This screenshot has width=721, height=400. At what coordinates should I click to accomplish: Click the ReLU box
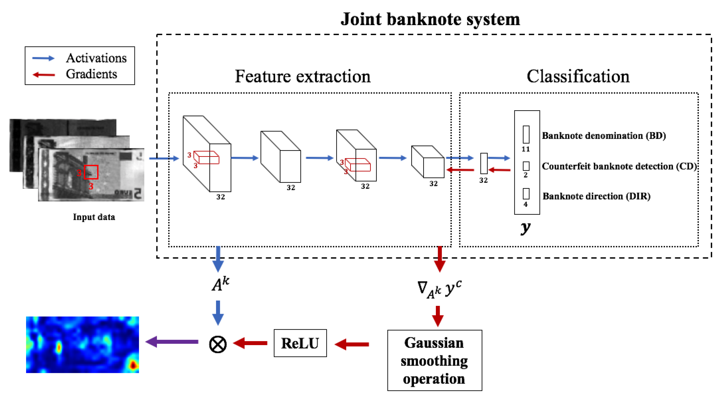pyautogui.click(x=300, y=343)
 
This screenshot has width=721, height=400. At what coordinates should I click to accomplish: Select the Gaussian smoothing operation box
pyautogui.click(x=434, y=360)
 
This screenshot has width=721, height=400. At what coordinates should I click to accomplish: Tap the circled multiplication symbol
pyautogui.click(x=218, y=344)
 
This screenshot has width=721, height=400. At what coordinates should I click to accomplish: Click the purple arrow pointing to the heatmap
pyautogui.click(x=172, y=342)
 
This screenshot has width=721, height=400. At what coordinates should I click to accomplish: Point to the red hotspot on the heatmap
pyautogui.click(x=133, y=365)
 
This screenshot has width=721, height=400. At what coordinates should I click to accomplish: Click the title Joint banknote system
pyautogui.click(x=430, y=19)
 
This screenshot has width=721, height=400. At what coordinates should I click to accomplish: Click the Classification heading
pyautogui.click(x=578, y=76)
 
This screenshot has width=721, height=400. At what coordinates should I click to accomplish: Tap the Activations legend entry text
pyautogui.click(x=96, y=58)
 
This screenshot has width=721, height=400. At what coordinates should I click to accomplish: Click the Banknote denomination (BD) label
pyautogui.click(x=604, y=136)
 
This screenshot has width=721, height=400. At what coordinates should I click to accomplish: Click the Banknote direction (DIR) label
pyautogui.click(x=596, y=196)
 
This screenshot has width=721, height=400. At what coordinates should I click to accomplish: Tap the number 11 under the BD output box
pyautogui.click(x=525, y=149)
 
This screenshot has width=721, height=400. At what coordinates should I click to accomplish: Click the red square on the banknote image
pyautogui.click(x=91, y=172)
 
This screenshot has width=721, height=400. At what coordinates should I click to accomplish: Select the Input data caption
pyautogui.click(x=94, y=217)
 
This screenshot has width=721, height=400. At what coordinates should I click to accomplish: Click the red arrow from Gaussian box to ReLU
pyautogui.click(x=352, y=344)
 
